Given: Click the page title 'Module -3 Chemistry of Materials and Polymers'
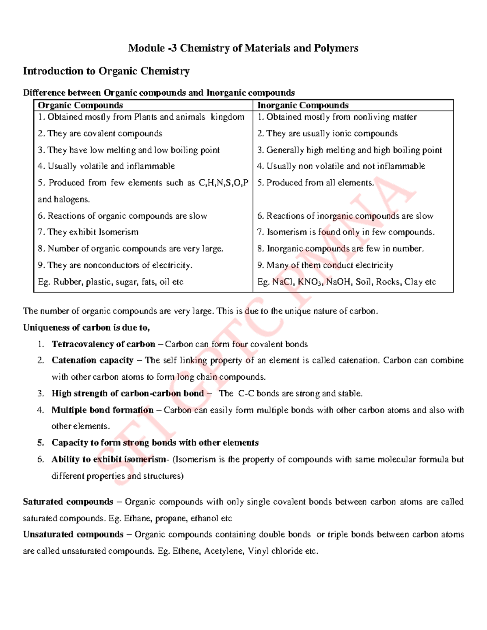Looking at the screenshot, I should (x=243, y=48).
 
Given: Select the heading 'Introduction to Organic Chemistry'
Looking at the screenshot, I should (x=106, y=71).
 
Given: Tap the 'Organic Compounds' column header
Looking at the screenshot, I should (x=80, y=105).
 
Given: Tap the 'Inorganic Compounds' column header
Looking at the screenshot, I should (x=303, y=105).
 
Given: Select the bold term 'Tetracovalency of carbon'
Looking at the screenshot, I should (x=103, y=344).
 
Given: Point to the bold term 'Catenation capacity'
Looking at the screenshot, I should (x=93, y=360).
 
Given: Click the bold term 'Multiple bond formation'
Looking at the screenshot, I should (x=103, y=410).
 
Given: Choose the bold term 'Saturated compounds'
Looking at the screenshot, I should (x=68, y=502).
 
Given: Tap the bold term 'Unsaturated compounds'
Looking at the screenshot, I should (x=73, y=534).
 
